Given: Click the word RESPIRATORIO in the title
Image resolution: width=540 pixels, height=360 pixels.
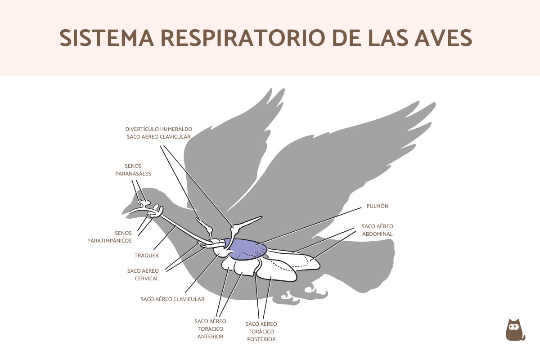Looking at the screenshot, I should (x=243, y=38).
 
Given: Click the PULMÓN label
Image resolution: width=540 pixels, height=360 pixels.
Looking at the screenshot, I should (x=377, y=206).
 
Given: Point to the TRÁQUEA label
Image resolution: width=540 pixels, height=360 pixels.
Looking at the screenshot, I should (x=146, y=256).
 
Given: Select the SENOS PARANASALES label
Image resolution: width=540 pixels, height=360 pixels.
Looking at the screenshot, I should (x=133, y=170).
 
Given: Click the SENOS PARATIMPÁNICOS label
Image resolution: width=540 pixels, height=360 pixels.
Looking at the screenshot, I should (x=110, y=237).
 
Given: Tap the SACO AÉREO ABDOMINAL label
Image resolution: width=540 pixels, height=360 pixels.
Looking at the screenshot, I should (x=377, y=230).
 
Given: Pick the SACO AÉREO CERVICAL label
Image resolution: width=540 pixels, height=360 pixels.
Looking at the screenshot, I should (x=143, y=274).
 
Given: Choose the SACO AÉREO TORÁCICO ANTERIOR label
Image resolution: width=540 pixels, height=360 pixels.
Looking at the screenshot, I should (x=210, y=328).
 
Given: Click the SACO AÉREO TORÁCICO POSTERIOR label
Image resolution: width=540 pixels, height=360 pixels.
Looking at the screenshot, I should (x=261, y=331).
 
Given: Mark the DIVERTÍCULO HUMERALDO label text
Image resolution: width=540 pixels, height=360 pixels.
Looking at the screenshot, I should (x=159, y=129).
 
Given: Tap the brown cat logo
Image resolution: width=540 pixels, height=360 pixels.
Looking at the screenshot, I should (x=515, y=331).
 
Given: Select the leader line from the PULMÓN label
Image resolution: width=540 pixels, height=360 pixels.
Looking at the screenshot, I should (x=315, y=223).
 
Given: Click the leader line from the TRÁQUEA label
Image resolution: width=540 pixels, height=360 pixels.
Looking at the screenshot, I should (x=164, y=238).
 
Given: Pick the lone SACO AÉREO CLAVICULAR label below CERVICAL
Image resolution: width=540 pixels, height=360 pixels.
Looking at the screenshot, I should (x=172, y=299).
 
